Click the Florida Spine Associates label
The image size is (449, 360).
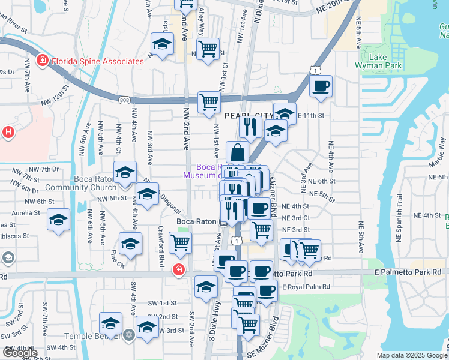(x=98, y=61)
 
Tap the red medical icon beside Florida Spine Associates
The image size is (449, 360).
(x=42, y=60)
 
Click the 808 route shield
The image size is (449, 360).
(x=124, y=100)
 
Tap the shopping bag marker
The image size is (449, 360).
(x=237, y=151)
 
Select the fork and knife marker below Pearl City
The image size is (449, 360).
(x=249, y=126)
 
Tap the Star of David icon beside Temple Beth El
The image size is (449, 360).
(x=128, y=334)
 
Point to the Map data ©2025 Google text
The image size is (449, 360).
(x=411, y=355)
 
